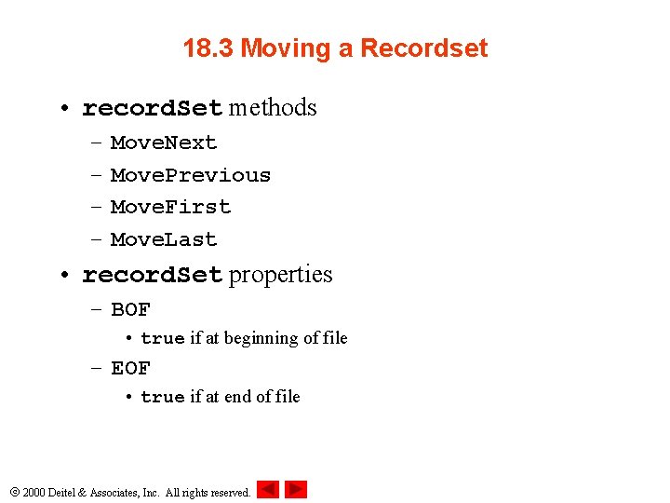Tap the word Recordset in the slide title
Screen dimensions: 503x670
pyautogui.click(x=423, y=48)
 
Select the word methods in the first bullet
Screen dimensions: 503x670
pyautogui.click(x=273, y=108)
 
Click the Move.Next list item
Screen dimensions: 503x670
pyautogui.click(x=164, y=143)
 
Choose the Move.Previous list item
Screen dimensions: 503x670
pyautogui.click(x=191, y=175)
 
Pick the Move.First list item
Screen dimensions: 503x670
pyautogui.click(x=170, y=207)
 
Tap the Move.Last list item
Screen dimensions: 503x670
pyautogui.click(x=164, y=239)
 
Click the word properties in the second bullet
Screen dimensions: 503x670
pyautogui.click(x=280, y=275)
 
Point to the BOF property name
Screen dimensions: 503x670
pyautogui.click(x=130, y=309)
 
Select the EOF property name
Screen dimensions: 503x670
pyautogui.click(x=130, y=368)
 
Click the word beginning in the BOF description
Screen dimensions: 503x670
pyautogui.click(x=261, y=338)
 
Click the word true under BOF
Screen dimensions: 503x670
pyautogui.click(x=163, y=339)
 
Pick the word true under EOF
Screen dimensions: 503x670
pyautogui.click(x=163, y=398)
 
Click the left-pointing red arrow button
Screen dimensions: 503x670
pyautogui.click(x=268, y=489)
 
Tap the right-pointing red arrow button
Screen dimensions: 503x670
pyautogui.click(x=296, y=489)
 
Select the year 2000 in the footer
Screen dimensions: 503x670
pyautogui.click(x=33, y=492)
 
